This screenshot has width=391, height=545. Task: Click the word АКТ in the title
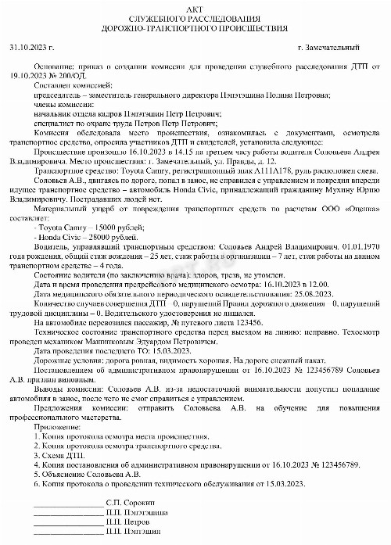point(195,7)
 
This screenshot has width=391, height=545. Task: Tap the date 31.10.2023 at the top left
point(27,48)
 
